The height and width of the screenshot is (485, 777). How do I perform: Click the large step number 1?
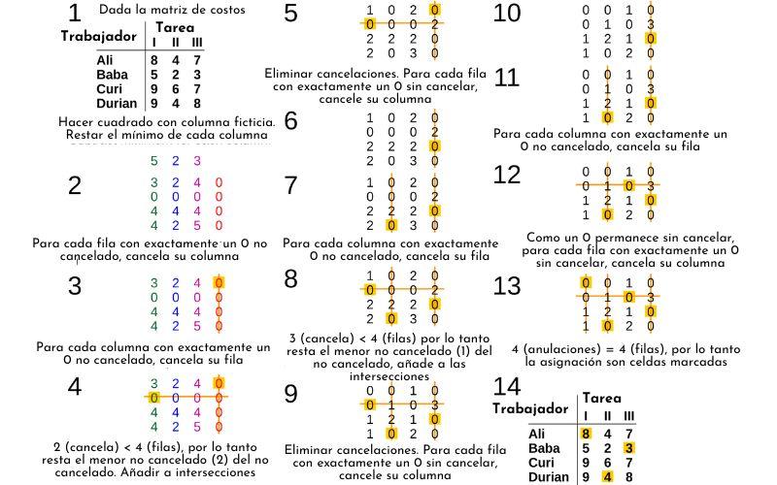tap(74, 14)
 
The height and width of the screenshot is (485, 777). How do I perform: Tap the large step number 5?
tap(290, 14)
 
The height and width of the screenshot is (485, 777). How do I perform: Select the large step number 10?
tap(507, 14)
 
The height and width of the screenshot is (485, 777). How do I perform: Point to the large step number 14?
tap(507, 386)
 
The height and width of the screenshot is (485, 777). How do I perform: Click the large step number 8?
tap(290, 279)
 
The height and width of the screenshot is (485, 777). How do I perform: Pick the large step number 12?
tap(507, 175)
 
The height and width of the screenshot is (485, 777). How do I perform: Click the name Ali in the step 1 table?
tap(79, 60)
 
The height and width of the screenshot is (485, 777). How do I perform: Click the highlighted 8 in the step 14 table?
tap(586, 433)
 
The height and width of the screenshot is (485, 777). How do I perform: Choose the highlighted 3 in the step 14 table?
tap(629, 447)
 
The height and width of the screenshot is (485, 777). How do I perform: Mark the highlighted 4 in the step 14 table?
tap(607, 476)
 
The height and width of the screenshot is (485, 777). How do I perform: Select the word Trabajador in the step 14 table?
tap(530, 408)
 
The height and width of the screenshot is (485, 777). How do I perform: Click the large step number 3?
tap(75, 286)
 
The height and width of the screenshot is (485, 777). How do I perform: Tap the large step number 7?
tap(290, 185)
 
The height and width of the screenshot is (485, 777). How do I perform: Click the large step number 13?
tap(507, 286)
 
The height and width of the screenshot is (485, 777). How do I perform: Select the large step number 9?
tap(290, 393)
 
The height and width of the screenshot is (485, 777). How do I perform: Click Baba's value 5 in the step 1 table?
tap(153, 75)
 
